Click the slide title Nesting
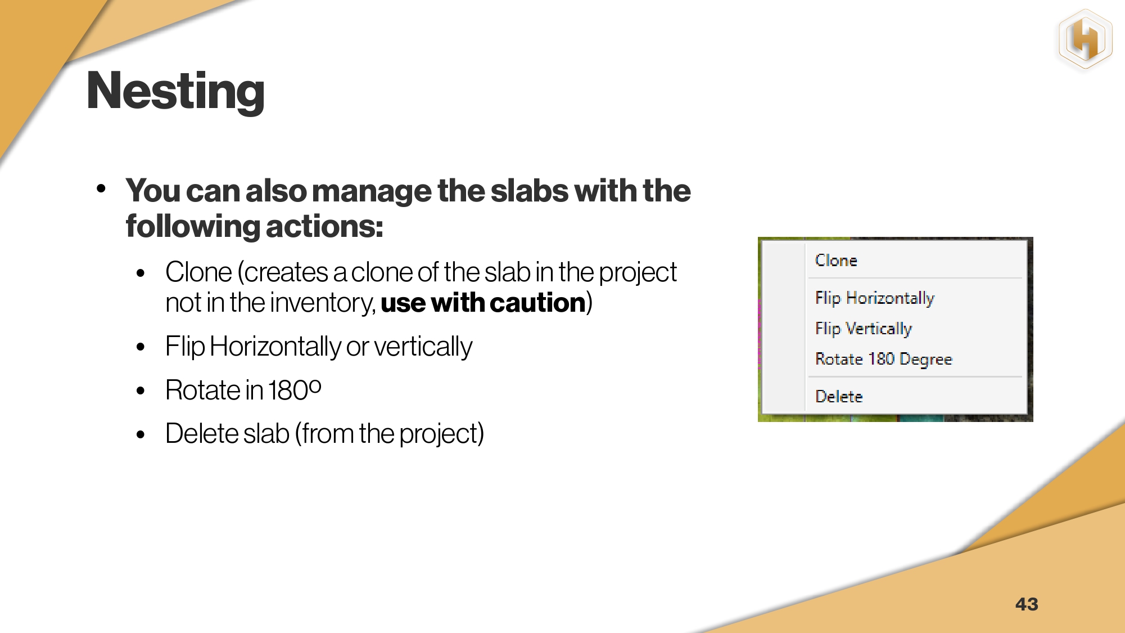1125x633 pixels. (x=175, y=91)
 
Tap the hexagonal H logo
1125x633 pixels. (x=1085, y=39)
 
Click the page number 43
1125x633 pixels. (x=1027, y=604)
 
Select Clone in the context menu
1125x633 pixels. (x=836, y=261)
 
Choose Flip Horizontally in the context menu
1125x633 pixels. (x=875, y=298)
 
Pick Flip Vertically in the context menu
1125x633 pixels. (x=864, y=329)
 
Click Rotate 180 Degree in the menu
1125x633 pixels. (x=884, y=359)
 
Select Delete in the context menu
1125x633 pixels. (x=839, y=397)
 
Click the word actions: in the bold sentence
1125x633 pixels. (x=324, y=227)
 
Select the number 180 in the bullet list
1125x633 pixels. (x=287, y=390)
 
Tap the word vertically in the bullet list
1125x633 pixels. (x=423, y=347)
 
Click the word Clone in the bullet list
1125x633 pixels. (x=198, y=272)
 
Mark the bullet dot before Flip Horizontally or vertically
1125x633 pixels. (x=141, y=347)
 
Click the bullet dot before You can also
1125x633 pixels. (x=101, y=188)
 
